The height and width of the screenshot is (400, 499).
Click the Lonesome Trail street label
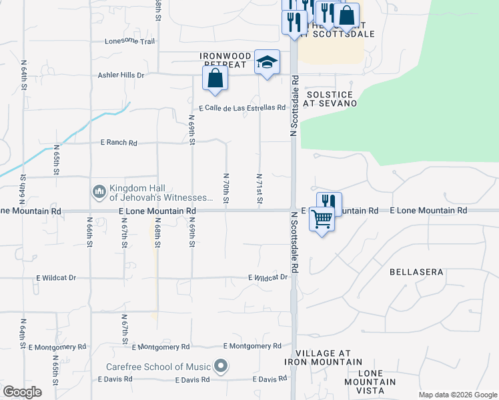click(129, 41)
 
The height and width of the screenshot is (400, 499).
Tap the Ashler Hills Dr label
click(121, 75)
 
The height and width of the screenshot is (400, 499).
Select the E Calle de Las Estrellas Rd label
click(242, 107)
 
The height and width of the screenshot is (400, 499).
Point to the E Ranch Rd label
click(119, 143)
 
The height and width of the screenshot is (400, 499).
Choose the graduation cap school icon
click(268, 63)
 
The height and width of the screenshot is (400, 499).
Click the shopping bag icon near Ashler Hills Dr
click(215, 79)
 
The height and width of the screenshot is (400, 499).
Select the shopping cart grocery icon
click(322, 218)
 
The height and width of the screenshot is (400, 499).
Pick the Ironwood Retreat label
click(226, 61)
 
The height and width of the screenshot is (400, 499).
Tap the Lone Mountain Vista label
click(370, 377)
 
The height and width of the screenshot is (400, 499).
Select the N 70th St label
click(226, 189)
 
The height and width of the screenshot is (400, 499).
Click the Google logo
click(22, 392)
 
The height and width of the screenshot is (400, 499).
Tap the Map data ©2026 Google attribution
click(457, 395)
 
